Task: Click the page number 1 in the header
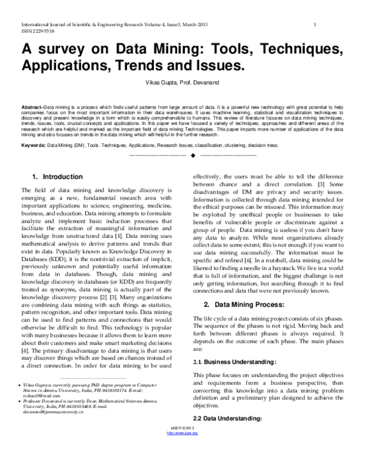click(x=315, y=24)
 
